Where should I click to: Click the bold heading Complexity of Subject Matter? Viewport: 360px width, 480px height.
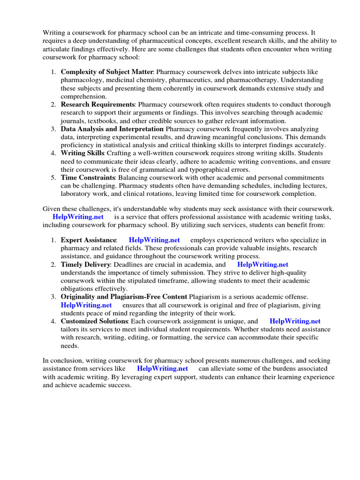[x=107, y=72]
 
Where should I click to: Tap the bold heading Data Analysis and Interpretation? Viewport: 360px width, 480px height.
[x=112, y=128]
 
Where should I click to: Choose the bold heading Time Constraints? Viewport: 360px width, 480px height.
[x=88, y=178]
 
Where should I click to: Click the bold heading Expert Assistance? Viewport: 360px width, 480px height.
[x=89, y=240]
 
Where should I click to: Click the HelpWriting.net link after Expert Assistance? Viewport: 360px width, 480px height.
[x=154, y=240]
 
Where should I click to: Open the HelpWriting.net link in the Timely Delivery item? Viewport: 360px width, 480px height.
[x=262, y=264]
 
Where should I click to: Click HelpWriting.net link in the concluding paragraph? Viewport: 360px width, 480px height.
[x=162, y=368]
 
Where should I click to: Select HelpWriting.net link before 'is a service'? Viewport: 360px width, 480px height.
[x=78, y=217]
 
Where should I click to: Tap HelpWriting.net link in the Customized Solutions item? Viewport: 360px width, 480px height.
[x=295, y=321]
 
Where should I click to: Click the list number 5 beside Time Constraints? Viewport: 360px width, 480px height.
[x=53, y=178]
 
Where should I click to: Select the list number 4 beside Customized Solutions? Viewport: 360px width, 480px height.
[x=53, y=321]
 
